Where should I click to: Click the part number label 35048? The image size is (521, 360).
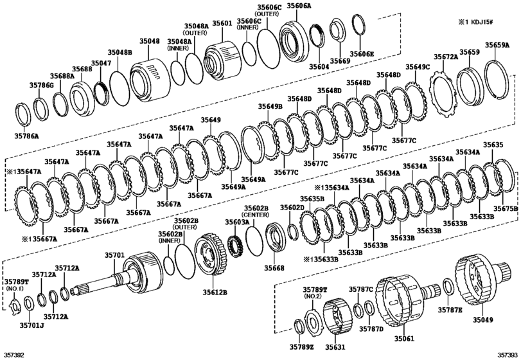click(149, 41)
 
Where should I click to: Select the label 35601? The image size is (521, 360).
click(222, 23)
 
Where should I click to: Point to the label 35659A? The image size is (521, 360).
click(497, 45)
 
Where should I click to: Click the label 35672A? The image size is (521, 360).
click(445, 57)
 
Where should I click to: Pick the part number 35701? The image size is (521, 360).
click(114, 255)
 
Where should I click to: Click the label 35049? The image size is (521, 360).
click(483, 319)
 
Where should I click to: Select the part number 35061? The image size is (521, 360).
click(404, 339)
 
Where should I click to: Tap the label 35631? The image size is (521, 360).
click(335, 347)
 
